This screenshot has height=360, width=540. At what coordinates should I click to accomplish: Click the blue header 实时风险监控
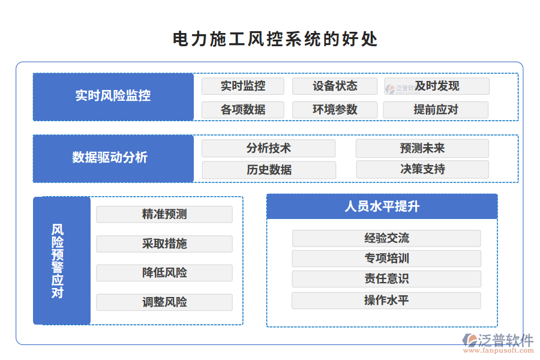(x=113, y=96)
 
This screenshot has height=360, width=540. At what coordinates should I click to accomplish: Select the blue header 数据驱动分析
(x=113, y=158)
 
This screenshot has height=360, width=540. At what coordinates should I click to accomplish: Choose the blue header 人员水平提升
(x=382, y=206)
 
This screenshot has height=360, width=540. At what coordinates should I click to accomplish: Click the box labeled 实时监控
(x=242, y=86)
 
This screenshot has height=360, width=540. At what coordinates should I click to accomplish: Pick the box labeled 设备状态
(x=334, y=86)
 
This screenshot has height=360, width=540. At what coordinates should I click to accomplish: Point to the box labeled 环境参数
(x=334, y=110)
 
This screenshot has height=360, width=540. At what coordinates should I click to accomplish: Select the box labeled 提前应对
(x=436, y=110)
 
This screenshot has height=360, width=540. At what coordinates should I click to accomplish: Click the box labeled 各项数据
(x=242, y=110)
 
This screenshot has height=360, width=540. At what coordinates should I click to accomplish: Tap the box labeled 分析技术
(x=268, y=148)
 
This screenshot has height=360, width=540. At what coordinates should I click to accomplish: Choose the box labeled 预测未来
(x=422, y=148)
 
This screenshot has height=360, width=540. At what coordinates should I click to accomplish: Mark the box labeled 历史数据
(x=268, y=170)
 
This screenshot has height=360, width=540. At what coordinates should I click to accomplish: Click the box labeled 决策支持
(x=422, y=170)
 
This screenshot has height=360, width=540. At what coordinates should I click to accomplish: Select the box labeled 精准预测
(x=164, y=214)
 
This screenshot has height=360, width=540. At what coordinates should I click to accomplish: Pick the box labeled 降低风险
(x=164, y=273)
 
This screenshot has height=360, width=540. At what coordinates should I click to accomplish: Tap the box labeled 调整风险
(x=164, y=302)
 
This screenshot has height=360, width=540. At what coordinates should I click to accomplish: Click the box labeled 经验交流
(x=386, y=238)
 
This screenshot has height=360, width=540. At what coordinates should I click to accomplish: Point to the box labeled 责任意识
(x=386, y=279)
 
